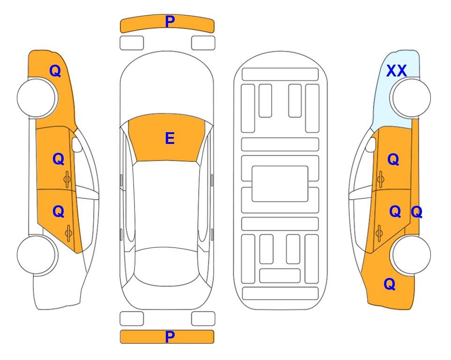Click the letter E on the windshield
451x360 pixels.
(x=170, y=138)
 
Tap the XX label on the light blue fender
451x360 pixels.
(x=396, y=71)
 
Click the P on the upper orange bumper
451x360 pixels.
(x=170, y=21)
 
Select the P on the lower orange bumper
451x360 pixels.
(x=170, y=337)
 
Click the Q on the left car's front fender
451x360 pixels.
(x=55, y=71)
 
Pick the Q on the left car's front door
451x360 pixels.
(x=59, y=159)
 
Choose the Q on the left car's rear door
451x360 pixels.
(x=59, y=212)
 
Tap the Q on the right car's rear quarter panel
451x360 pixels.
(x=390, y=284)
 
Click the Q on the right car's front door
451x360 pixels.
(x=393, y=159)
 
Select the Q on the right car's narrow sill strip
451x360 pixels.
(x=416, y=212)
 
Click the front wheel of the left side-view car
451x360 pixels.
(x=37, y=98)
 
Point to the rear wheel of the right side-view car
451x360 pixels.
(x=411, y=255)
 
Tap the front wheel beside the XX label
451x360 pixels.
(x=411, y=98)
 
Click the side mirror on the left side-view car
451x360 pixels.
(x=76, y=145)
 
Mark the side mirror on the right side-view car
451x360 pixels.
(x=371, y=145)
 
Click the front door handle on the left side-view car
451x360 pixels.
(x=67, y=179)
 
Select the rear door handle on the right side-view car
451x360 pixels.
(x=379, y=233)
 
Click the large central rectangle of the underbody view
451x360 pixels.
(x=280, y=184)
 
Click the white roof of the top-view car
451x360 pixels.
(x=166, y=204)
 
